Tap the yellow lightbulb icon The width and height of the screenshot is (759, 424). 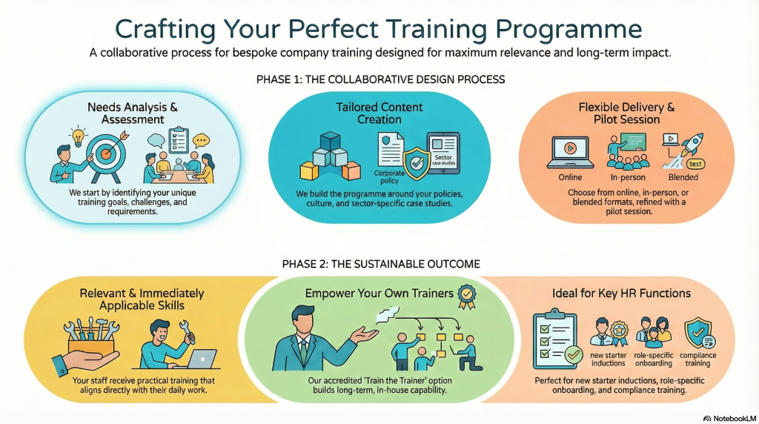tap(77, 136)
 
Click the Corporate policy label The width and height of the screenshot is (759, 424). tap(389, 176)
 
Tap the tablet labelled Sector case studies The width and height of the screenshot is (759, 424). tap(443, 153)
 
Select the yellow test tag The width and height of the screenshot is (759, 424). tap(695, 164)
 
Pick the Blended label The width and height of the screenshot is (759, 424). tap(683, 177)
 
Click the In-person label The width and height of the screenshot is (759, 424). tap(628, 177)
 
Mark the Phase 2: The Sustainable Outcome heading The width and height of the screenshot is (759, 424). tap(381, 264)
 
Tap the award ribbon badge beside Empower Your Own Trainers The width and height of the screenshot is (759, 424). tap(467, 296)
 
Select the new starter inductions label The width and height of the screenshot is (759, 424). tap(609, 360)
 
